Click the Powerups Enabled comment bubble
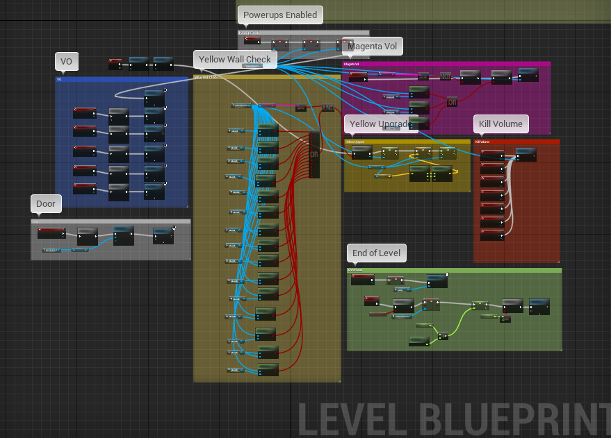pyautogui.click(x=279, y=15)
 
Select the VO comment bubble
pyautogui.click(x=66, y=62)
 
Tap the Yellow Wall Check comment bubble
pyautogui.click(x=235, y=60)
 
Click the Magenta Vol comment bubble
pyautogui.click(x=373, y=47)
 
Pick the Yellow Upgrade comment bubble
pyautogui.click(x=379, y=124)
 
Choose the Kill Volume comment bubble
pyautogui.click(x=500, y=124)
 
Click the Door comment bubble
pyautogui.click(x=46, y=203)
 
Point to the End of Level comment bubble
pyautogui.click(x=376, y=253)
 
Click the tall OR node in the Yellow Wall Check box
pyautogui.click(x=313, y=154)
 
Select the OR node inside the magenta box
pyautogui.click(x=453, y=102)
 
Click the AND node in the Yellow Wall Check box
pyautogui.click(x=328, y=108)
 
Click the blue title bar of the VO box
pyautogui.click(x=122, y=79)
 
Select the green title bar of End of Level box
pyautogui.click(x=454, y=270)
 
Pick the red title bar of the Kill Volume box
pyautogui.click(x=516, y=141)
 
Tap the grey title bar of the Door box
pyautogui.click(x=111, y=221)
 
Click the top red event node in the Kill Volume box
pyautogui.click(x=492, y=154)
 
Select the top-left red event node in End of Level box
pyautogui.click(x=361, y=278)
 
